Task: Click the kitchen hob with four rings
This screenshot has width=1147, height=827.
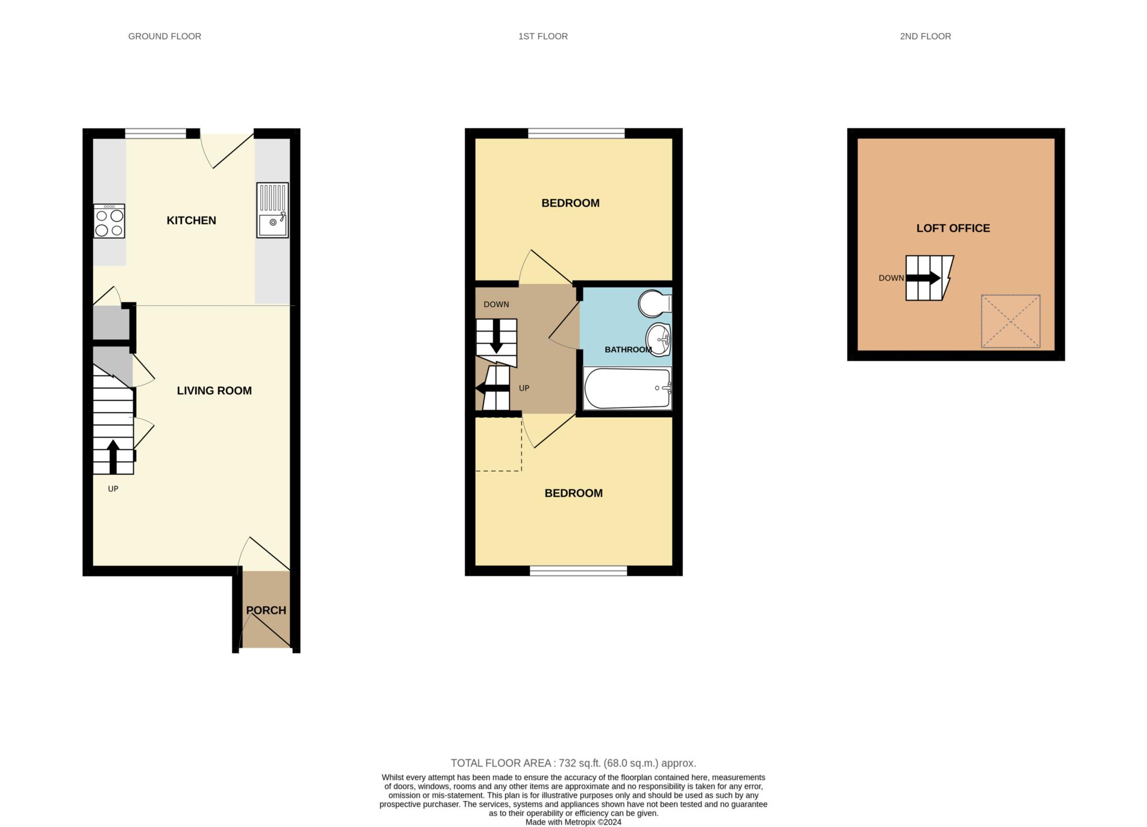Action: [x=109, y=221]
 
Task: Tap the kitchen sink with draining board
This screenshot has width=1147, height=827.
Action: [x=273, y=210]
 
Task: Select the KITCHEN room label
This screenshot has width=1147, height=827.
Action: [x=191, y=221]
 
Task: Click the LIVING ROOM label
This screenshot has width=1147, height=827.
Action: [x=214, y=391]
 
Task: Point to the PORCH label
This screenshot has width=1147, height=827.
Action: [x=266, y=610]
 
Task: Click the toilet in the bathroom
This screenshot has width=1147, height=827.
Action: [x=655, y=303]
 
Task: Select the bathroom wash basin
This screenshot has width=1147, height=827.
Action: [x=659, y=339]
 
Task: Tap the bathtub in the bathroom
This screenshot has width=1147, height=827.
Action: [x=627, y=388]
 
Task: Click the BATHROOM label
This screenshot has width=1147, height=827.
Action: [x=628, y=350]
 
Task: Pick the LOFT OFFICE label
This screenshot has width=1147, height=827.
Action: [x=953, y=228]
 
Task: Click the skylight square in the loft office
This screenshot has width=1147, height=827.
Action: [x=1010, y=321]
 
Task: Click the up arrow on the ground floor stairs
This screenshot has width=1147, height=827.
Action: [x=113, y=456]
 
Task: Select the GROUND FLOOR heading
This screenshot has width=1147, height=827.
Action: [x=165, y=36]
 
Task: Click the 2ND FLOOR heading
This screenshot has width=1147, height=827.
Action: [x=925, y=36]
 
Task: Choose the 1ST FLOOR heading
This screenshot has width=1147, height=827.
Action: [x=543, y=36]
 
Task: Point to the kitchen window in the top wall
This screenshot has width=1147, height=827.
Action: [x=155, y=133]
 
